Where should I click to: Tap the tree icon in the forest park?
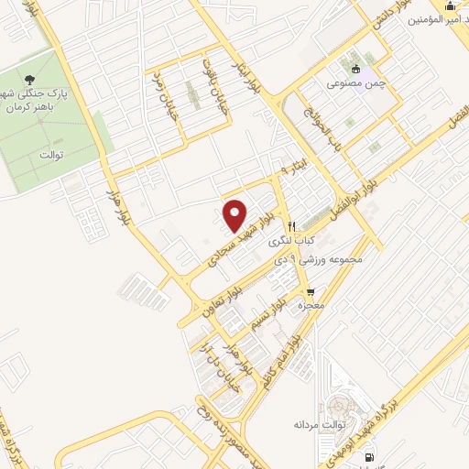pyautogui.click(x=34, y=81)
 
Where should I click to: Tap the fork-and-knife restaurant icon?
pyautogui.click(x=291, y=226)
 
